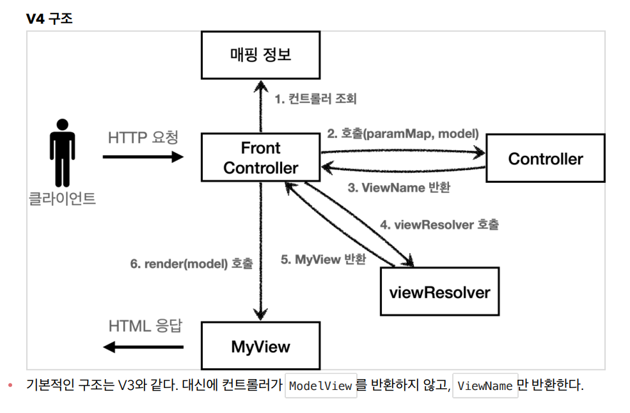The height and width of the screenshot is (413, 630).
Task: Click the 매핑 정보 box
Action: (260, 55)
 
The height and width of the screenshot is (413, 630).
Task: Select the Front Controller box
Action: (260, 158)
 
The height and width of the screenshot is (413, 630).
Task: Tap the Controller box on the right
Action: (546, 159)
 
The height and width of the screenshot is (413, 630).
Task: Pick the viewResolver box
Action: (439, 292)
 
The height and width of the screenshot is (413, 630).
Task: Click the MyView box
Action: (260, 347)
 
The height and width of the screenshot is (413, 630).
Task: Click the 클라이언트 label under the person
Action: (62, 199)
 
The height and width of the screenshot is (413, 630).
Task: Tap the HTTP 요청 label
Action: (143, 137)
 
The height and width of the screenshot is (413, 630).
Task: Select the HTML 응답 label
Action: (145, 325)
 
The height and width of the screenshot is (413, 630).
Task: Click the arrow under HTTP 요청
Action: (143, 156)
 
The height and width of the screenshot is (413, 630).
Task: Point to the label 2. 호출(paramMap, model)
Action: (403, 134)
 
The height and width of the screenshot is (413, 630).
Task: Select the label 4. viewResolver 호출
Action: (439, 225)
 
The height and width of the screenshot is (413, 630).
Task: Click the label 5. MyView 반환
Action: (324, 260)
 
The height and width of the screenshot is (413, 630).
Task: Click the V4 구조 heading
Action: (49, 19)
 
